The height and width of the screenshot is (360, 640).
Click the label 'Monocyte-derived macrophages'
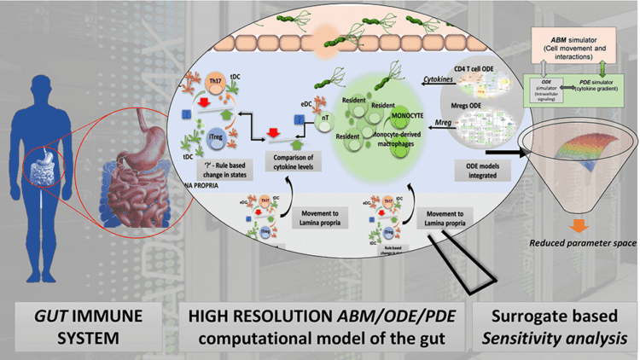(x=409, y=142)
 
